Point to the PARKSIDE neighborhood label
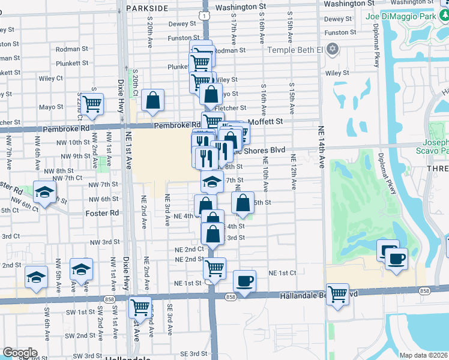click(x=147, y=8)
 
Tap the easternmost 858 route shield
click(x=425, y=291)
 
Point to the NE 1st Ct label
click(x=283, y=272)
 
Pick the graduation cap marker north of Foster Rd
click(x=44, y=193)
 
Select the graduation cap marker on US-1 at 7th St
click(x=211, y=181)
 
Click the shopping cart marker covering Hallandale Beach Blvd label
click(x=338, y=294)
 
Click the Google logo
click(x=20, y=353)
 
